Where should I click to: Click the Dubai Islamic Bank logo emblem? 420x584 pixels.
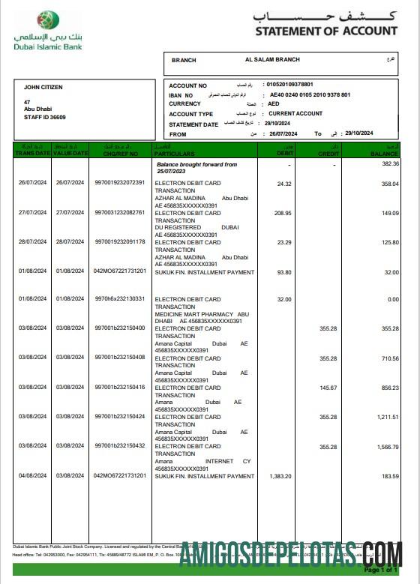pyautogui.click(x=49, y=20)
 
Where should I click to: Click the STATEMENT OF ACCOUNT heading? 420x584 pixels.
pyautogui.click(x=325, y=31)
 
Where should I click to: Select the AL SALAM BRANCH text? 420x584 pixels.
pyautogui.click(x=272, y=60)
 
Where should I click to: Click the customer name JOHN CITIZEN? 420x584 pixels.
pyautogui.click(x=43, y=88)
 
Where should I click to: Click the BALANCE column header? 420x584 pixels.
pyautogui.click(x=384, y=153)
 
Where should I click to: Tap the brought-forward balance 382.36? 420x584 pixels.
pyautogui.click(x=390, y=163)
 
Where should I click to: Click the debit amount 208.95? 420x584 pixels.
pyautogui.click(x=283, y=213)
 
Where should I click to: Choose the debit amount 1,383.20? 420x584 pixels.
pyautogui.click(x=280, y=476)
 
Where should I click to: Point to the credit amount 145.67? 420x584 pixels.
pyautogui.click(x=328, y=388)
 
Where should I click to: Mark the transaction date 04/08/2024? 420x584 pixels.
pyautogui.click(x=32, y=476)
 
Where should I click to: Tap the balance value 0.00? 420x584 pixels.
pyautogui.click(x=393, y=299)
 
